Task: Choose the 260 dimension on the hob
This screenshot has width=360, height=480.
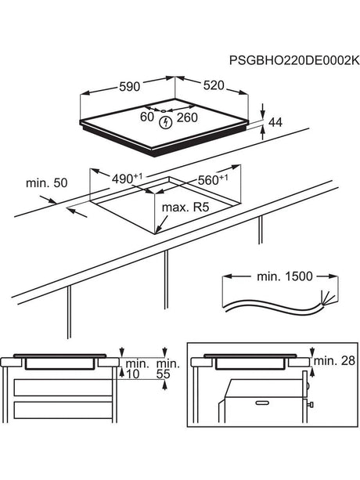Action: pyautogui.click(x=187, y=119)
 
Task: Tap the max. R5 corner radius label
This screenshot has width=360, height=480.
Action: pyautogui.click(x=186, y=209)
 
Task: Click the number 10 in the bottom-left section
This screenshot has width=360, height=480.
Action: pyautogui.click(x=135, y=375)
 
